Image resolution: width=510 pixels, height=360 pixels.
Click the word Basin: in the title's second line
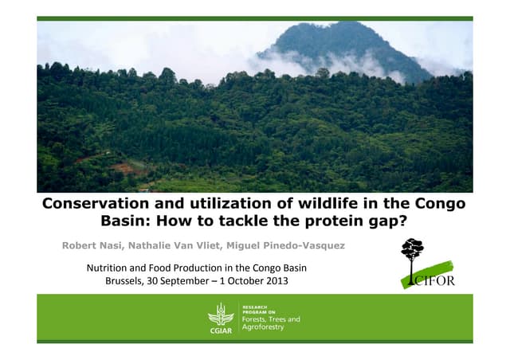point(130,221)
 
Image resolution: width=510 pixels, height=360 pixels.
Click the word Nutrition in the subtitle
point(112,268)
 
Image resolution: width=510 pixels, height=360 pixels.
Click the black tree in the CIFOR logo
point(412,253)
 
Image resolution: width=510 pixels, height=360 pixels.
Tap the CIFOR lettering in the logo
point(432,280)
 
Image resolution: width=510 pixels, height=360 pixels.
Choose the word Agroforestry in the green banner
point(262,327)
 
